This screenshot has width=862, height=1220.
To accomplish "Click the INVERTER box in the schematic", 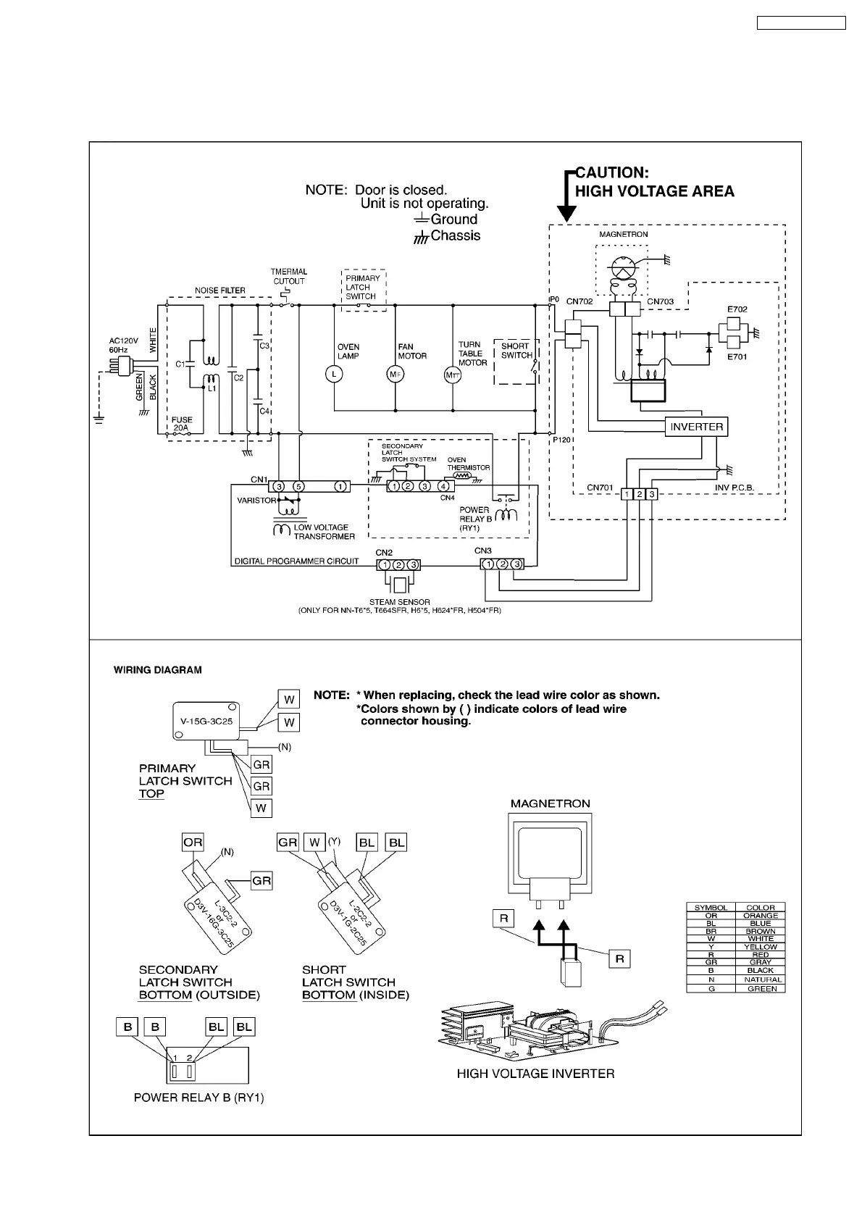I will point(696,427).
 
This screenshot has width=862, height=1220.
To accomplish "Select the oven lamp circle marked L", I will point(334,374).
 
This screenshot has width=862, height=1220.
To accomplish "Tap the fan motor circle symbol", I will point(396,374).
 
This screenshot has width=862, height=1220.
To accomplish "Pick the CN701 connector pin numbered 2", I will point(640,494).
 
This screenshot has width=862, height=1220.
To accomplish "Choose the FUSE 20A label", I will point(183,424).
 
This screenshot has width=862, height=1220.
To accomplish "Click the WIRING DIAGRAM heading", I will point(158,670).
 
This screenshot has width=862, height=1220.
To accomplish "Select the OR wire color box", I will point(193,843).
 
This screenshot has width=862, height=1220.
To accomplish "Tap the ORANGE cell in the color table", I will point(761,916).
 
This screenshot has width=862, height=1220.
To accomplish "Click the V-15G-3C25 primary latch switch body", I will point(207,721).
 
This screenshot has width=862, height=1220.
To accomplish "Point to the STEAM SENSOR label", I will point(399,602).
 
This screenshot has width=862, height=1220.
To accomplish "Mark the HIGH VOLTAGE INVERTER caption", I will point(535,1074).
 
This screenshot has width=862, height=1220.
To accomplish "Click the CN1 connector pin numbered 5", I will point(298,486).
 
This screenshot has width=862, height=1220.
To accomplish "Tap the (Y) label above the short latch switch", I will point(334,842).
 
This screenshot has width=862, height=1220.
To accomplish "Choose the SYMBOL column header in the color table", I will point(711,908).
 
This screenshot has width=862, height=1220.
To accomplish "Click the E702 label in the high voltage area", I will point(737,309).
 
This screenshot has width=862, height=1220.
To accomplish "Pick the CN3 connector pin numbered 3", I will point(516,564).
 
